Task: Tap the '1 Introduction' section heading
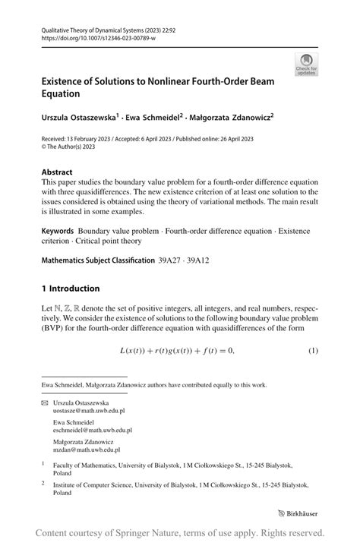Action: pos(71,289)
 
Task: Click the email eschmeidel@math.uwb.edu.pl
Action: pos(87,429)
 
